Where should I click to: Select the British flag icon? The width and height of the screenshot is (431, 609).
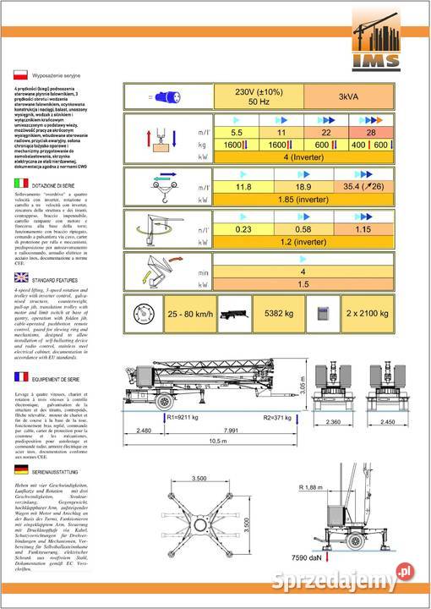pyautogui.click(x=21, y=277)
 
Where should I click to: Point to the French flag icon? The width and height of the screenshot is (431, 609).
pyautogui.click(x=21, y=378)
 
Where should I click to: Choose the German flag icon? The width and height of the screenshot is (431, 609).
pyautogui.click(x=21, y=469)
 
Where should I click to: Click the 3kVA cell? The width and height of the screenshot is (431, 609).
pyautogui.click(x=348, y=96)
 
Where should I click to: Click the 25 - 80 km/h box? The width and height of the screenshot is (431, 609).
pyautogui.click(x=177, y=313)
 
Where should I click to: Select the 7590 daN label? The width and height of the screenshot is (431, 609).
pyautogui.click(x=346, y=582)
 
